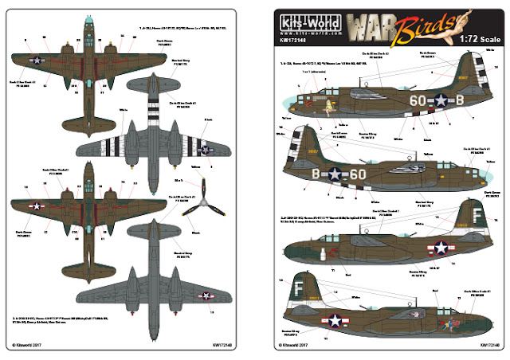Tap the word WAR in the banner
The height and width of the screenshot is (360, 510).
click(x=374, y=22)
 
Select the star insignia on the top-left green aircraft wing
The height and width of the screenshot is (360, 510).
click(x=36, y=58)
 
